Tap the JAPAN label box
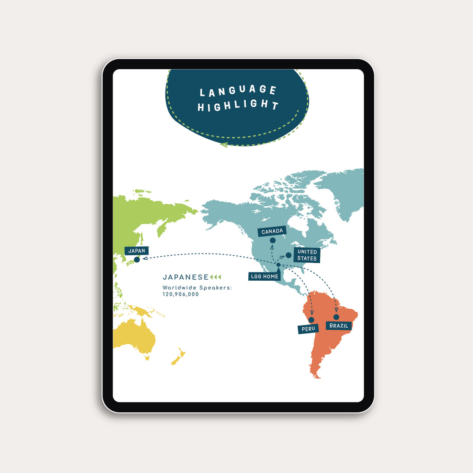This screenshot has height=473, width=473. (137, 251)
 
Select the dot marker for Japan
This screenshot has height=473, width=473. (137, 259)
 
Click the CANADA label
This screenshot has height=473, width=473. (272, 231)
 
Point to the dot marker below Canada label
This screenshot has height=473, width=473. (273, 240)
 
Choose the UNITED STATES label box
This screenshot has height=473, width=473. (307, 255)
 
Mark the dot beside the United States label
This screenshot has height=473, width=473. (289, 255)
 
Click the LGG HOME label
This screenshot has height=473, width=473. (265, 276)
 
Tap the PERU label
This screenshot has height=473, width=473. (308, 328)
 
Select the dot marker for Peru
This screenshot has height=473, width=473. (311, 320)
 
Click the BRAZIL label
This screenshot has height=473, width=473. (339, 325)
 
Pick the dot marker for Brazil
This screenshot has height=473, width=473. (336, 317)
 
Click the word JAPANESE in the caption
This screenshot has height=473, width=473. (186, 277)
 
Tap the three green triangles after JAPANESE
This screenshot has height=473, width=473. (216, 277)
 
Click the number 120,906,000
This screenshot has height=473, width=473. (180, 294)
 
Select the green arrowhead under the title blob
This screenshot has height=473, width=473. (223, 144)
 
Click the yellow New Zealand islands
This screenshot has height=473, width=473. (178, 357)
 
